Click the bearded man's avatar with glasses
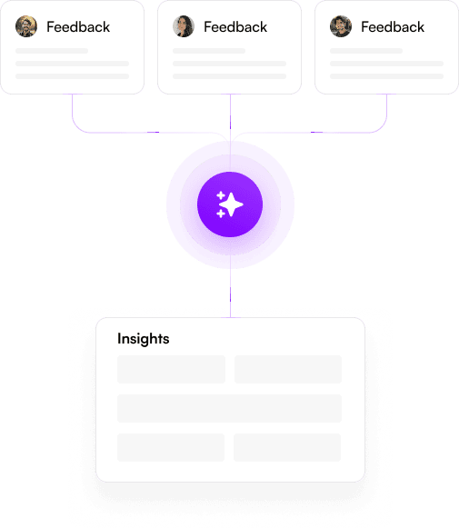tap(26, 26)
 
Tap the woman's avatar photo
tap(184, 26)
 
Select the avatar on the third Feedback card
tap(341, 26)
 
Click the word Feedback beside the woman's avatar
tap(235, 27)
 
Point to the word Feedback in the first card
tap(78, 27)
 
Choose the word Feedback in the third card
tap(393, 27)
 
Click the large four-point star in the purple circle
tap(231, 204)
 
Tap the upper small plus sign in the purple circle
tap(221, 195)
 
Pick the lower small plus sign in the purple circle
tap(221, 214)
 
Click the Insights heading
tap(144, 339)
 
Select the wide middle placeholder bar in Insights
tap(230, 408)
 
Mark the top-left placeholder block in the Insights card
tap(172, 369)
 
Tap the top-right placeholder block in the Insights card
tap(288, 369)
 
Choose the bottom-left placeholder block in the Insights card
tap(171, 447)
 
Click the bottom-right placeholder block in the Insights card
tap(287, 447)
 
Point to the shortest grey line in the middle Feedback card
tap(209, 51)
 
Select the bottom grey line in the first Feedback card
tap(73, 76)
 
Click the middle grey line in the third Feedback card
tap(387, 64)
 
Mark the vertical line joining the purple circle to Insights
tap(230, 286)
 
